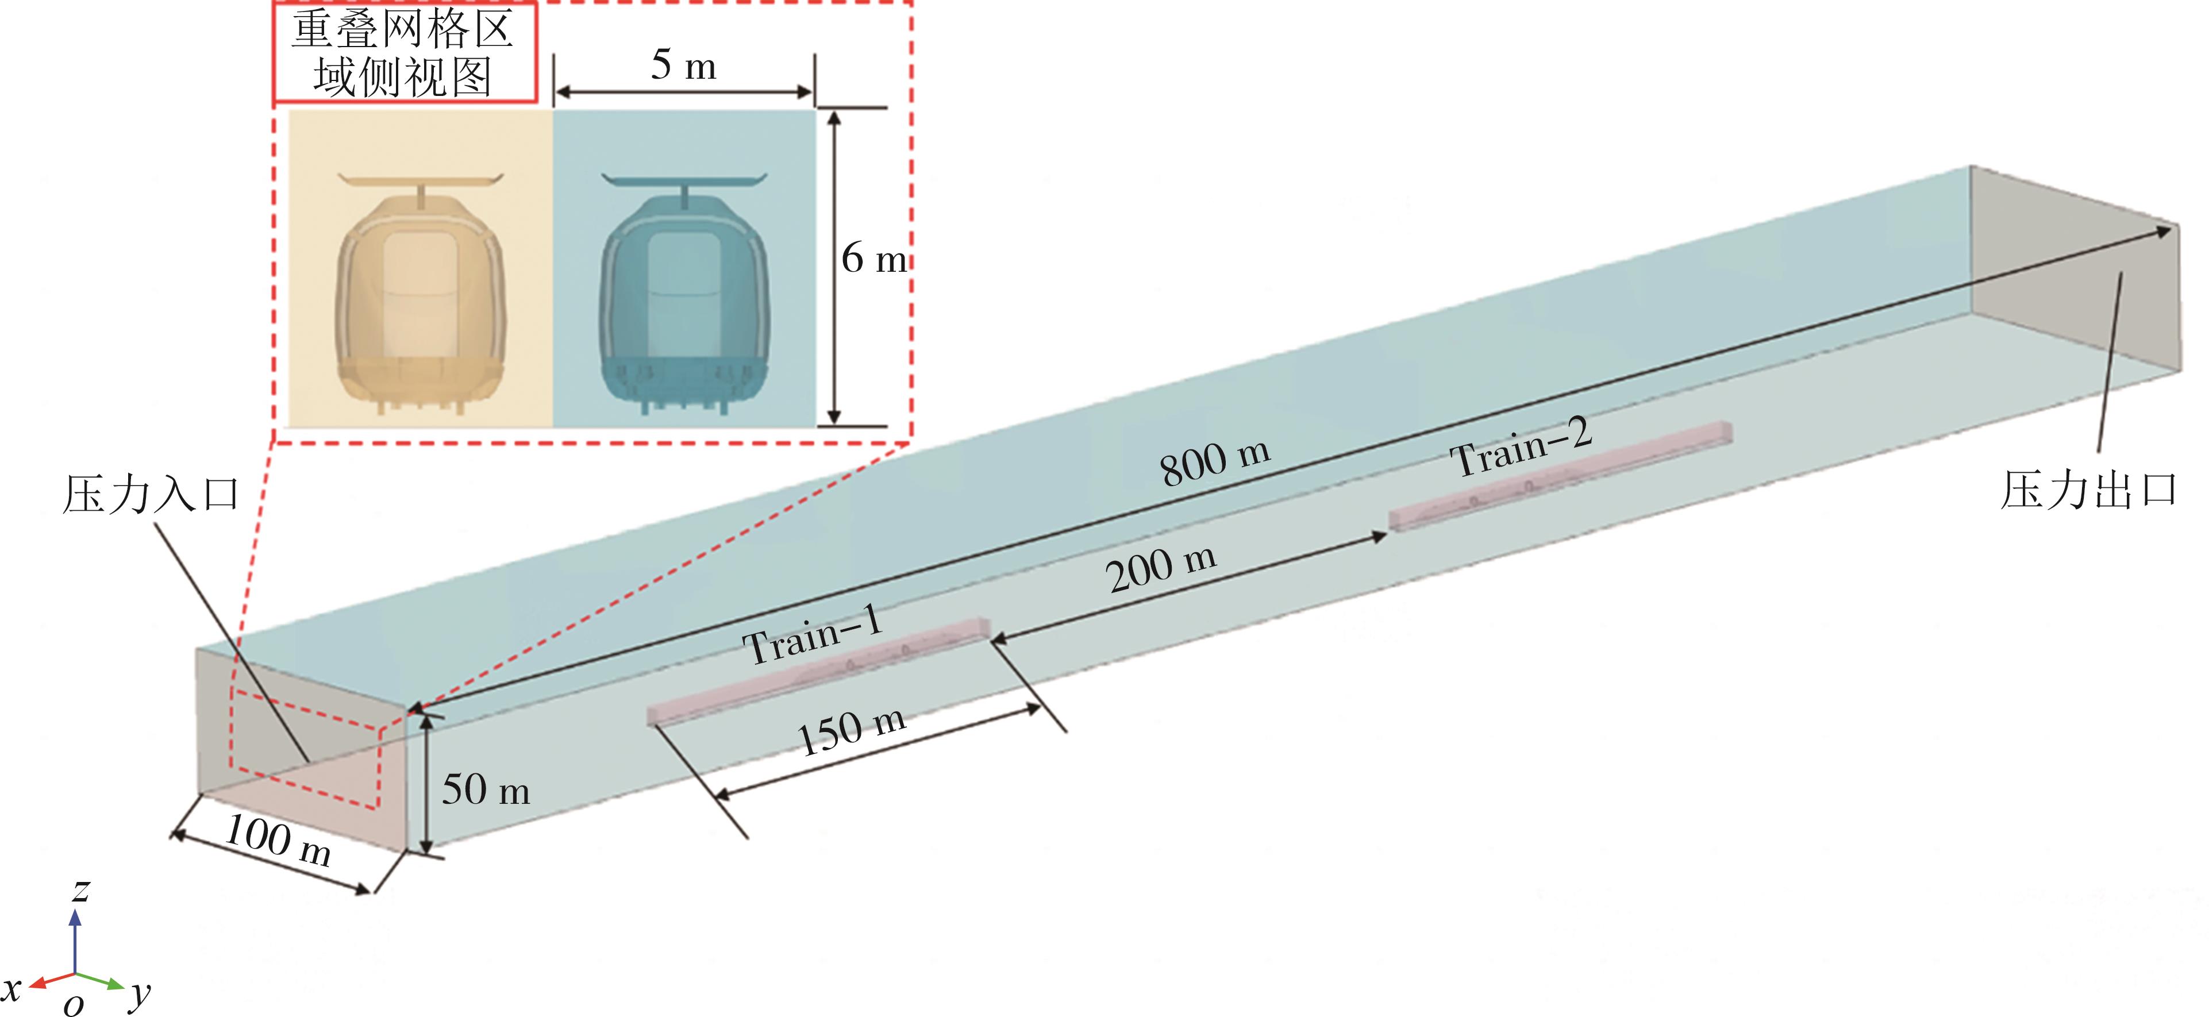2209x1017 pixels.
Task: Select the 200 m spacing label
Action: (1161, 568)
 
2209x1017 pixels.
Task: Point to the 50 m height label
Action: (486, 789)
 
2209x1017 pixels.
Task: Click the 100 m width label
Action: (278, 841)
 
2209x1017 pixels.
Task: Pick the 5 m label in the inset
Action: (683, 64)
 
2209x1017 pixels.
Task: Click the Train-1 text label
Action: (812, 635)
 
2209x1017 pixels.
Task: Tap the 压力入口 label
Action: (151, 495)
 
